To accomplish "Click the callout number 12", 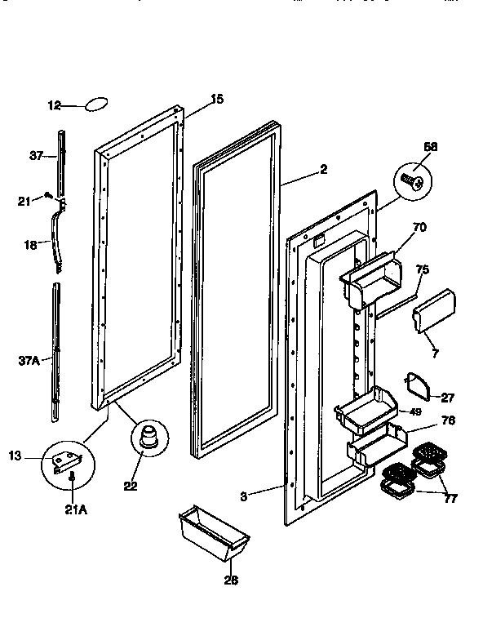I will pos(54,105).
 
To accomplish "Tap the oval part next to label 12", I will pos(96,104).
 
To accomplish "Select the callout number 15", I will pos(217,100).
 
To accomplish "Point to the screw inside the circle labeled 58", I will pos(414,180).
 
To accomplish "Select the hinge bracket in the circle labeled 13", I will pos(66,462).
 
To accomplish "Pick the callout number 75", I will pos(422,270).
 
